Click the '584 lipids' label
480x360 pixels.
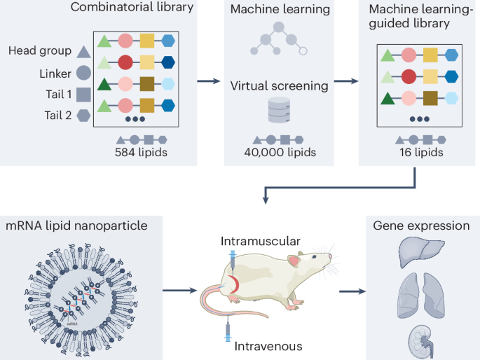point(142,152)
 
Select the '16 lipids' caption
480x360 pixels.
point(419,152)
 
